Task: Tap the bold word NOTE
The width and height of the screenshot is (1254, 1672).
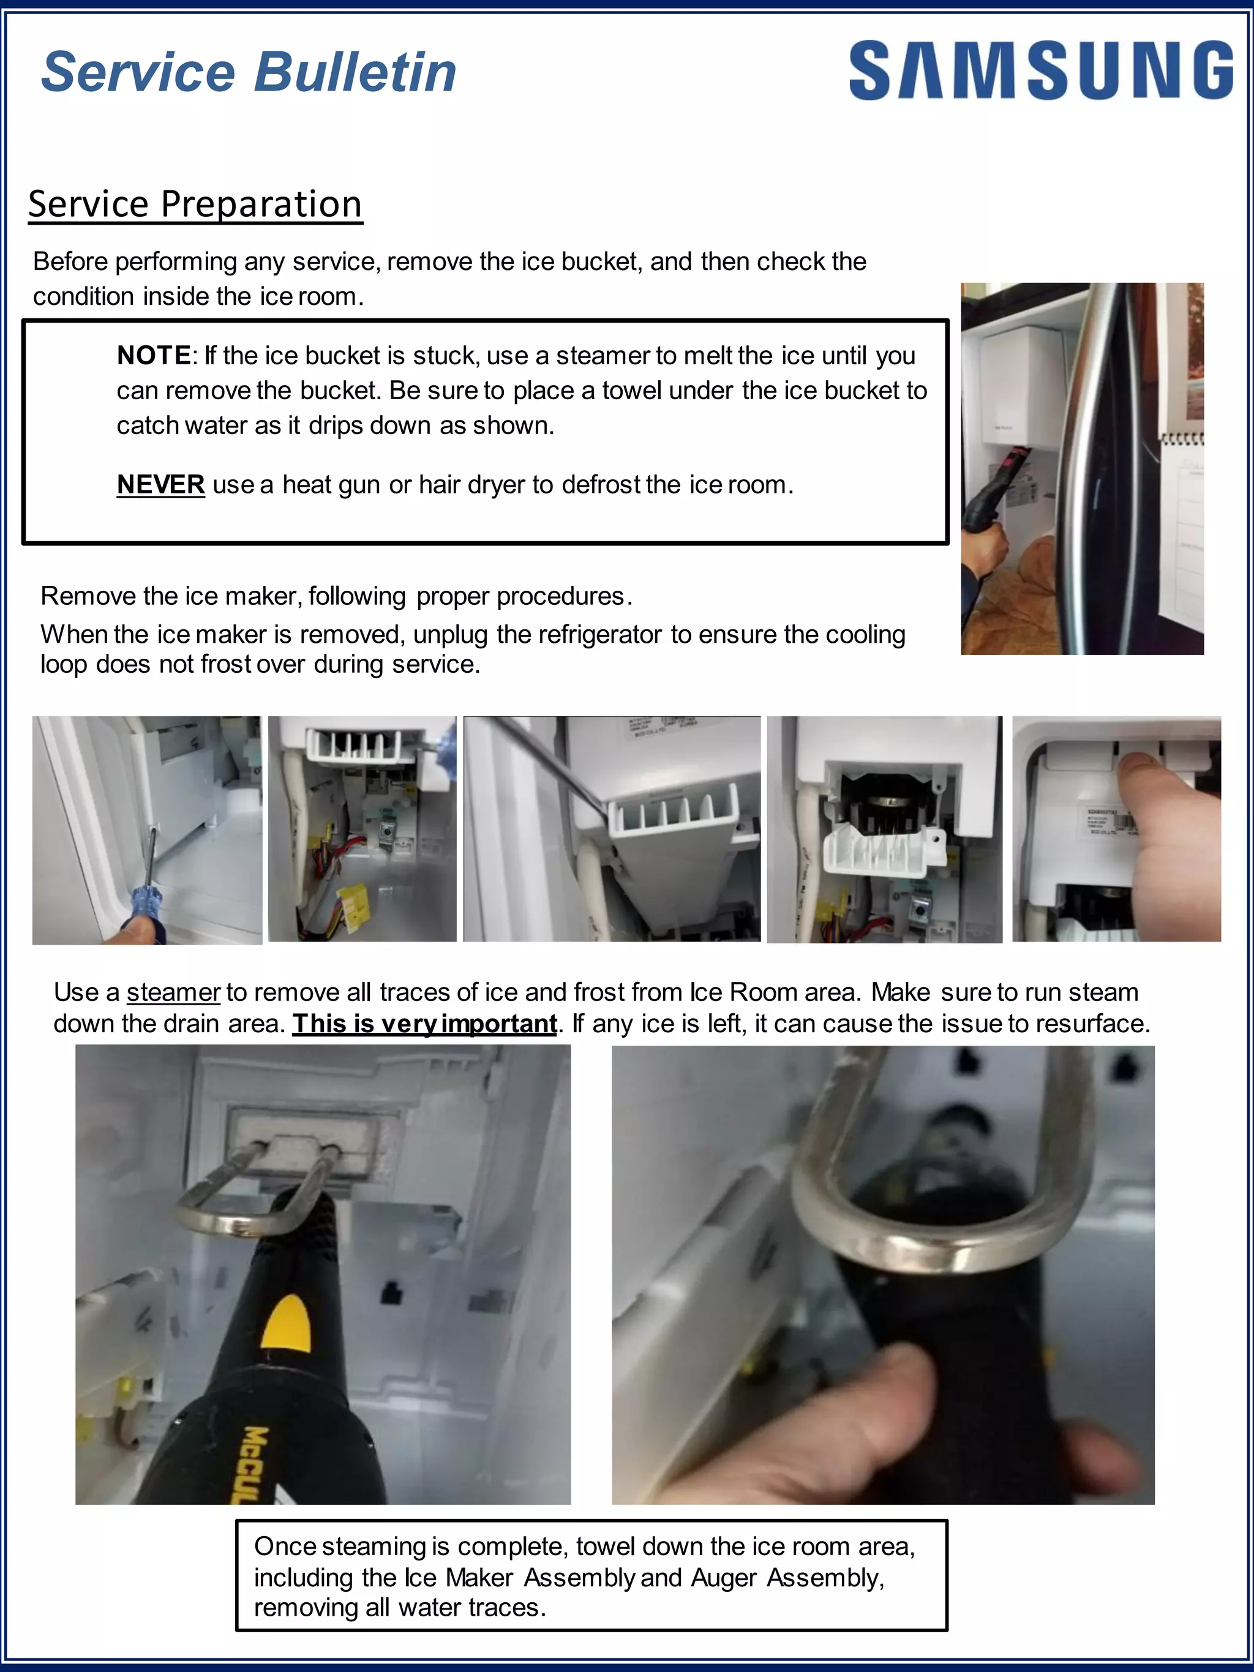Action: [154, 355]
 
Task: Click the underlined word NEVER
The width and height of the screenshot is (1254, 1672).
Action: [160, 484]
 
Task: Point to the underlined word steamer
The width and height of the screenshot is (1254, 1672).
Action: [173, 992]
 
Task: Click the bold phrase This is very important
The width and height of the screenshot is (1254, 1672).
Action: [424, 1024]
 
